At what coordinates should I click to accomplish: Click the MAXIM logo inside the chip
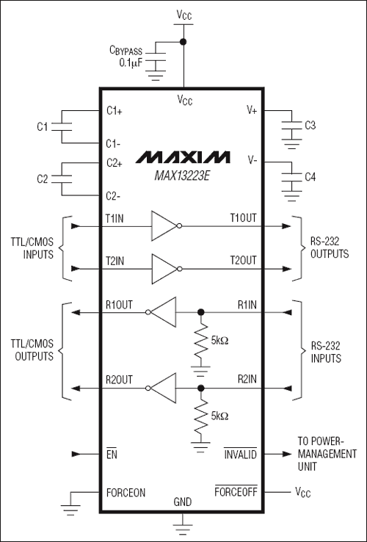[183, 157]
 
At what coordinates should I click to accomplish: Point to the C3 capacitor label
[310, 126]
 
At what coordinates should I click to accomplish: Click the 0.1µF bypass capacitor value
[133, 63]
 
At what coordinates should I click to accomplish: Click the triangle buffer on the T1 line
[163, 225]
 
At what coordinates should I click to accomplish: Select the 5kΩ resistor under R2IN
[200, 415]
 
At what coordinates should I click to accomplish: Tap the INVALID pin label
[240, 455]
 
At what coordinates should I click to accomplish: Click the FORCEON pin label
[126, 492]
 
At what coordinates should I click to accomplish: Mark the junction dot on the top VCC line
[183, 42]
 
